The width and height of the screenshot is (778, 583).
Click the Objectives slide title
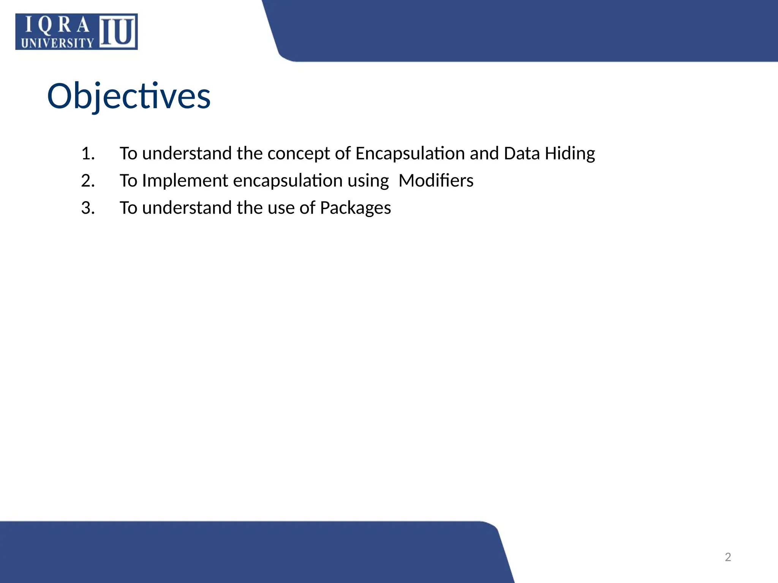coord(128,96)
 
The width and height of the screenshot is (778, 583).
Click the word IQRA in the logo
coord(57,26)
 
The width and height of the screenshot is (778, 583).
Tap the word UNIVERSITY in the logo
coord(57,43)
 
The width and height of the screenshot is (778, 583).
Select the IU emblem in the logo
coord(118,32)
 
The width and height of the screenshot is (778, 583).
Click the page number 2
coord(728,557)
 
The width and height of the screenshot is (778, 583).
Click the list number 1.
coord(88,154)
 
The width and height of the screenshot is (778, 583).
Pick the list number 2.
coord(88,181)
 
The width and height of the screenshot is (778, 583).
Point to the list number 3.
coord(88,208)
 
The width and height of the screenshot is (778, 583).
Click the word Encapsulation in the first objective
coord(410,154)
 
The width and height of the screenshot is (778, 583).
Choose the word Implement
coord(185,181)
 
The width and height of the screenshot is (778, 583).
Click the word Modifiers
coord(436,181)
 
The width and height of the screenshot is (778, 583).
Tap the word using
coord(368,181)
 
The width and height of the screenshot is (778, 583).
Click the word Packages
coord(355,208)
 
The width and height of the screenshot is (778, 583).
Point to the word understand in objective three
coord(187,208)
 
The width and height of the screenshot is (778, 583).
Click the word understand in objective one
coord(187,154)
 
